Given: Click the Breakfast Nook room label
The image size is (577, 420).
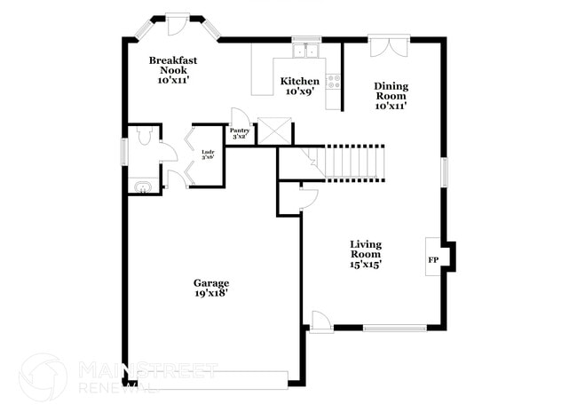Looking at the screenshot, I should tap(172, 70).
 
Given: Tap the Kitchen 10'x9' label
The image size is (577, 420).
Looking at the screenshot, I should tap(300, 86).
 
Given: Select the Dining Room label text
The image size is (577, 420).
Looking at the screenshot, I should tap(391, 96).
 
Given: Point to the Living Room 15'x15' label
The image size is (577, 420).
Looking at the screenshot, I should tap(365, 254).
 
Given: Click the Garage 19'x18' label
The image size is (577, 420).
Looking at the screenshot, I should tap(211, 289).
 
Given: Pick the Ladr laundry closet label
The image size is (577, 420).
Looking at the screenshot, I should tap(208, 155).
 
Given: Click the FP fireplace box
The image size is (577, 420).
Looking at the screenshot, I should tap(433, 259).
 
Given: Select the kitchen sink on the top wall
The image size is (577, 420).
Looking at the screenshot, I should tap(307, 49).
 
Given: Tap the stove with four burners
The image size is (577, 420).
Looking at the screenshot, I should tap(335, 83).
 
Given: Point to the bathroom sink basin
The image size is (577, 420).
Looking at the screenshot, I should tap(142, 186).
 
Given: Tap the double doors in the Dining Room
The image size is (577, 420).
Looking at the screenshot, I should tap(390, 46).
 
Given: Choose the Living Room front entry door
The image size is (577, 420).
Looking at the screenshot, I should tap(320, 321).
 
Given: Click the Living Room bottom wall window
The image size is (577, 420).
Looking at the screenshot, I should tap(394, 329).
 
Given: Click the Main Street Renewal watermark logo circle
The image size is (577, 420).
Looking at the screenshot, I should tap(42, 376).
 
